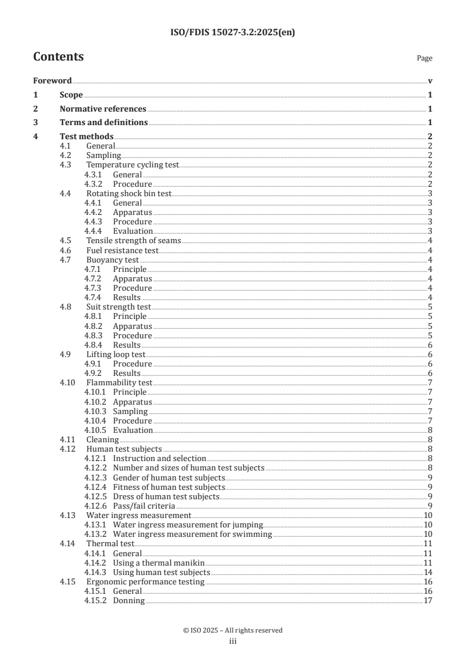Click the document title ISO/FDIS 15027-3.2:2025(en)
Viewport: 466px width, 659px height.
click(x=233, y=33)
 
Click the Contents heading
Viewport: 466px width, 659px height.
click(x=58, y=57)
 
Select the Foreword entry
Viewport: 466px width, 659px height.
click(x=52, y=80)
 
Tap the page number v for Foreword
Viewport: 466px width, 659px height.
click(x=430, y=80)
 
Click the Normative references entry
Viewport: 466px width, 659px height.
click(x=103, y=109)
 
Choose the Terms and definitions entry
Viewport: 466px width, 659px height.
click(x=103, y=123)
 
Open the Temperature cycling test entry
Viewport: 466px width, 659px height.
click(x=132, y=165)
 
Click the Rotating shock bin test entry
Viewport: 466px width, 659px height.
click(x=130, y=193)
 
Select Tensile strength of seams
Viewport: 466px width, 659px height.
click(x=133, y=241)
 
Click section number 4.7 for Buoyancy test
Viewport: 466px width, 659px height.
click(x=66, y=260)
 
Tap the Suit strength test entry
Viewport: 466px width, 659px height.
click(x=118, y=307)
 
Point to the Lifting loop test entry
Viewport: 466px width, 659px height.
click(x=115, y=354)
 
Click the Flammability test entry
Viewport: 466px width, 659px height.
click(x=115, y=382)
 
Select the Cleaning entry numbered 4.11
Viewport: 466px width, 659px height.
click(x=102, y=439)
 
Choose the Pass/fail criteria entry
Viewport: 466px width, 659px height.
click(x=144, y=506)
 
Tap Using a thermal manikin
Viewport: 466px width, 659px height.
click(x=159, y=563)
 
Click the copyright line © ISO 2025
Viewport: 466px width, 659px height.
click(x=233, y=630)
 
